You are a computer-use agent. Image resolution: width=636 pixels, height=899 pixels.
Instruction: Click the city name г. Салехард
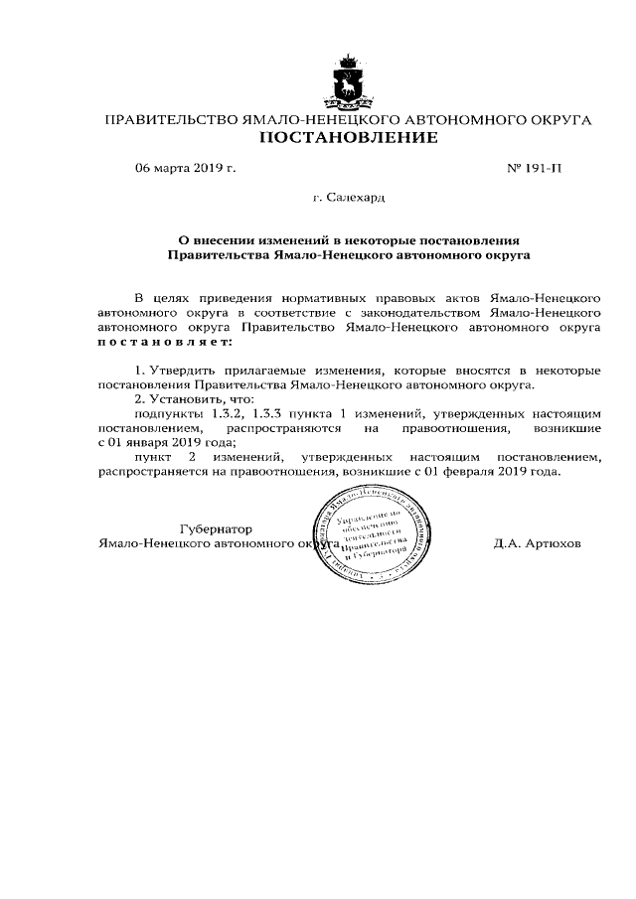click(348, 198)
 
